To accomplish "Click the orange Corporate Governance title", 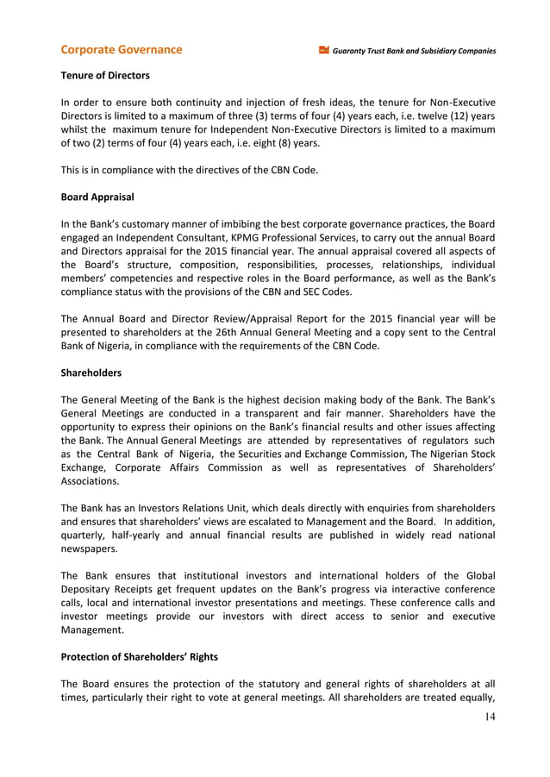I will click(x=122, y=49).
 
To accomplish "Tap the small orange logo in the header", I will click(x=324, y=50).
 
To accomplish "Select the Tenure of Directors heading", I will click(x=104, y=76).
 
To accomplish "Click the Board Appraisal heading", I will click(x=97, y=197).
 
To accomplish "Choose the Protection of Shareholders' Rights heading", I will click(x=139, y=657).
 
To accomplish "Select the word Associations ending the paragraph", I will click(x=98, y=483).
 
